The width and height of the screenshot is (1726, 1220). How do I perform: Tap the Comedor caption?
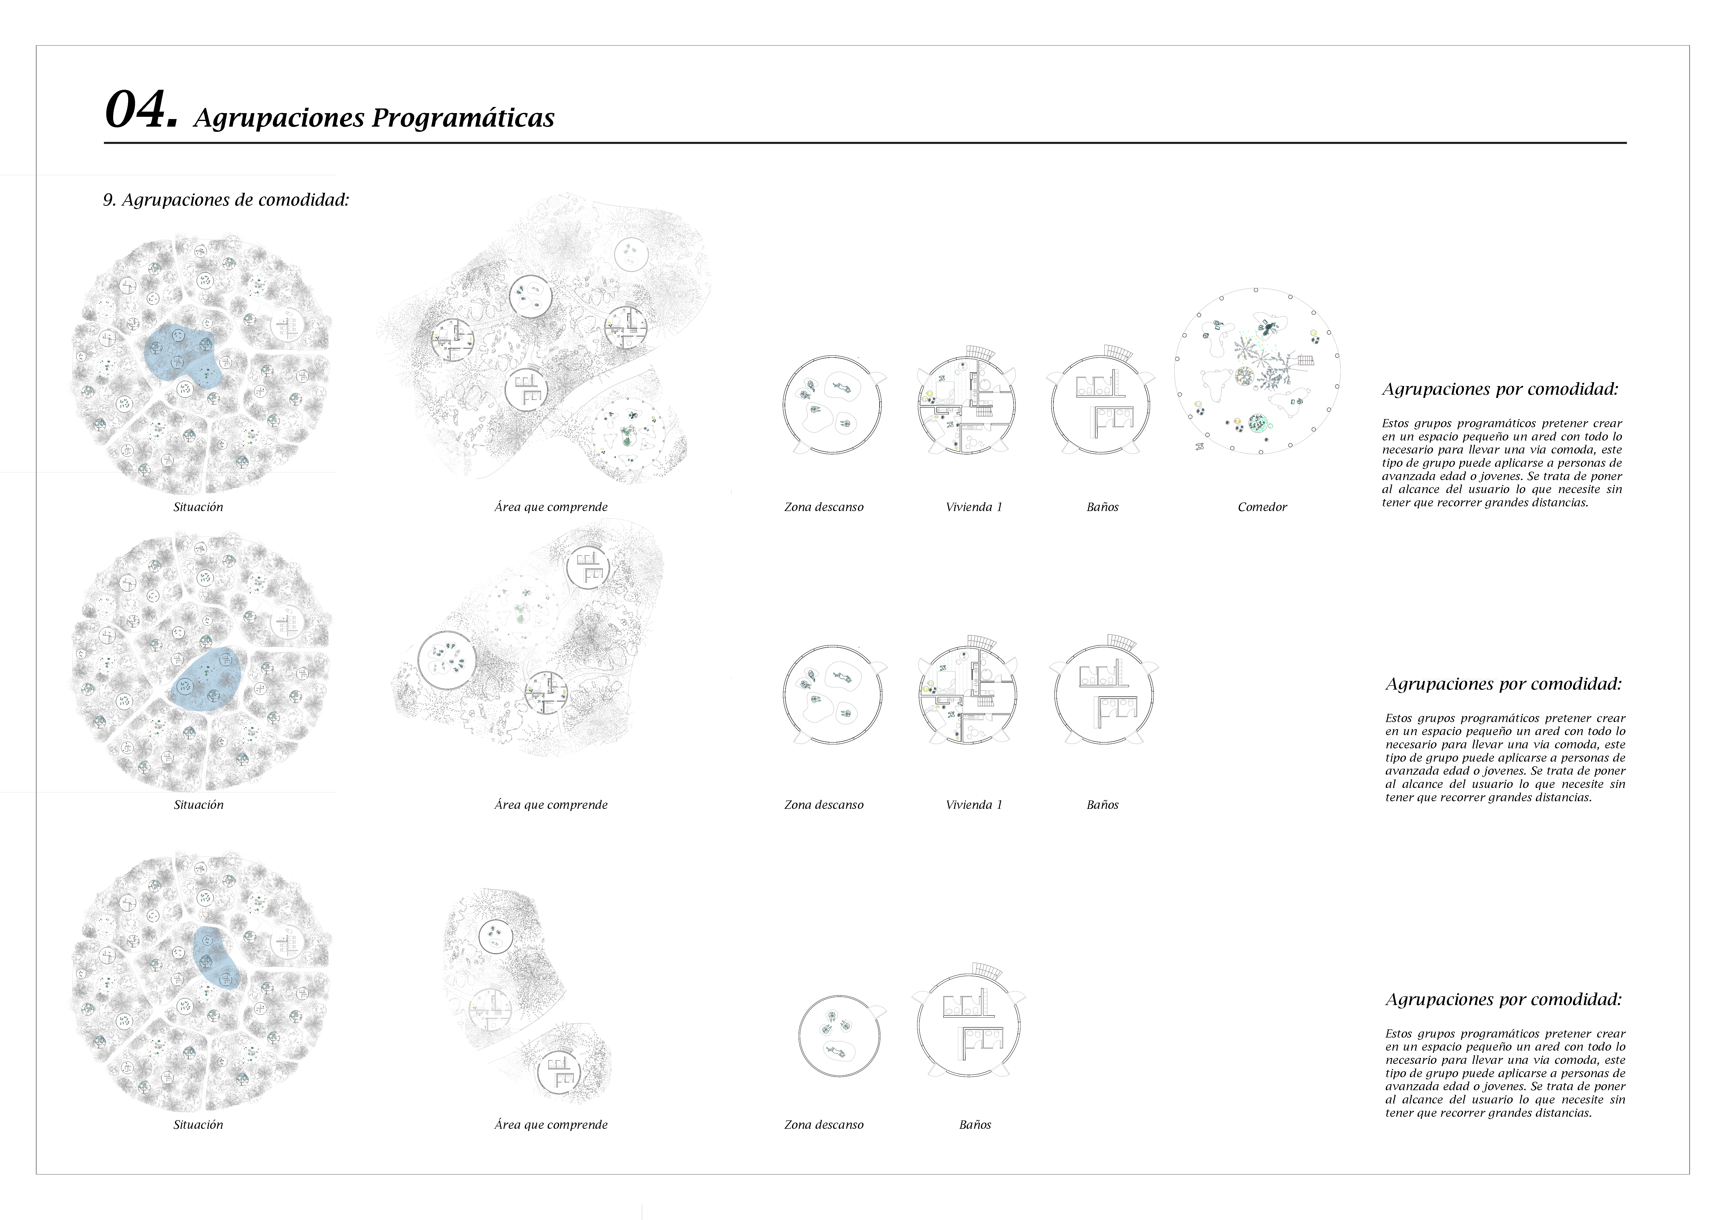(x=1262, y=507)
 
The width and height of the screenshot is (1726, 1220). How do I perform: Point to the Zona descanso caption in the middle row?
(x=824, y=805)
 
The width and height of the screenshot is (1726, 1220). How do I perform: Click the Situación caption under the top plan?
(x=199, y=507)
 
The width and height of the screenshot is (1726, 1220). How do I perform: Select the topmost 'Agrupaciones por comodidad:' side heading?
(x=1500, y=389)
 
